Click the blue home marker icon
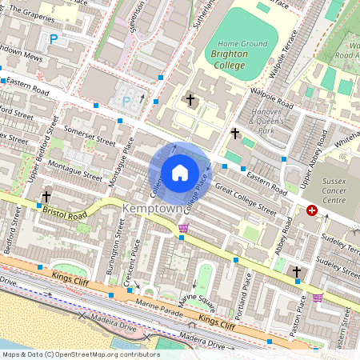click(x=180, y=173)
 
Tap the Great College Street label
click(x=246, y=201)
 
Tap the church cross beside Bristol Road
click(x=46, y=195)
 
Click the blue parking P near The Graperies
click(x=54, y=38)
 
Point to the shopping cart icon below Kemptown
click(x=183, y=229)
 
